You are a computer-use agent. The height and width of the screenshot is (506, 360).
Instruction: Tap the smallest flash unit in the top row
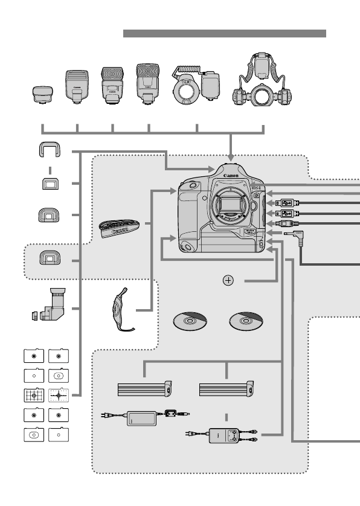[x=42, y=95]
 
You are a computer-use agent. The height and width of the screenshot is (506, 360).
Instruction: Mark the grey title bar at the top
[x=224, y=33]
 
